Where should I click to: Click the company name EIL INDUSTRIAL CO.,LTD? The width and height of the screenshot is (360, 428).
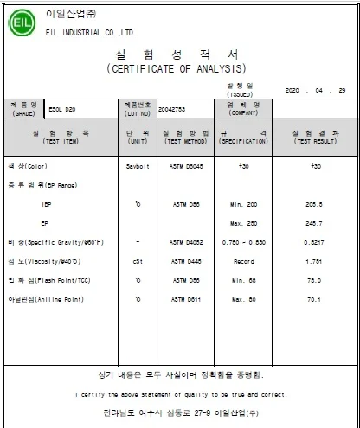click(x=91, y=32)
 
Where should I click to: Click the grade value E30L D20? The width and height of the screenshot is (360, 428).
click(x=57, y=109)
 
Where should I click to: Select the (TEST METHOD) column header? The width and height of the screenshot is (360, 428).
click(x=183, y=140)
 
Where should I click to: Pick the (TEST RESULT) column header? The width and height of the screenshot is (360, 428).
click(x=315, y=140)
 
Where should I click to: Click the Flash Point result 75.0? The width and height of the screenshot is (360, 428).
click(x=315, y=280)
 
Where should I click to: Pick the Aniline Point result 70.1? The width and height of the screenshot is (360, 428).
click(x=315, y=299)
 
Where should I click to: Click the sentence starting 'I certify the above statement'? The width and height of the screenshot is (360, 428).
click(x=180, y=394)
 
